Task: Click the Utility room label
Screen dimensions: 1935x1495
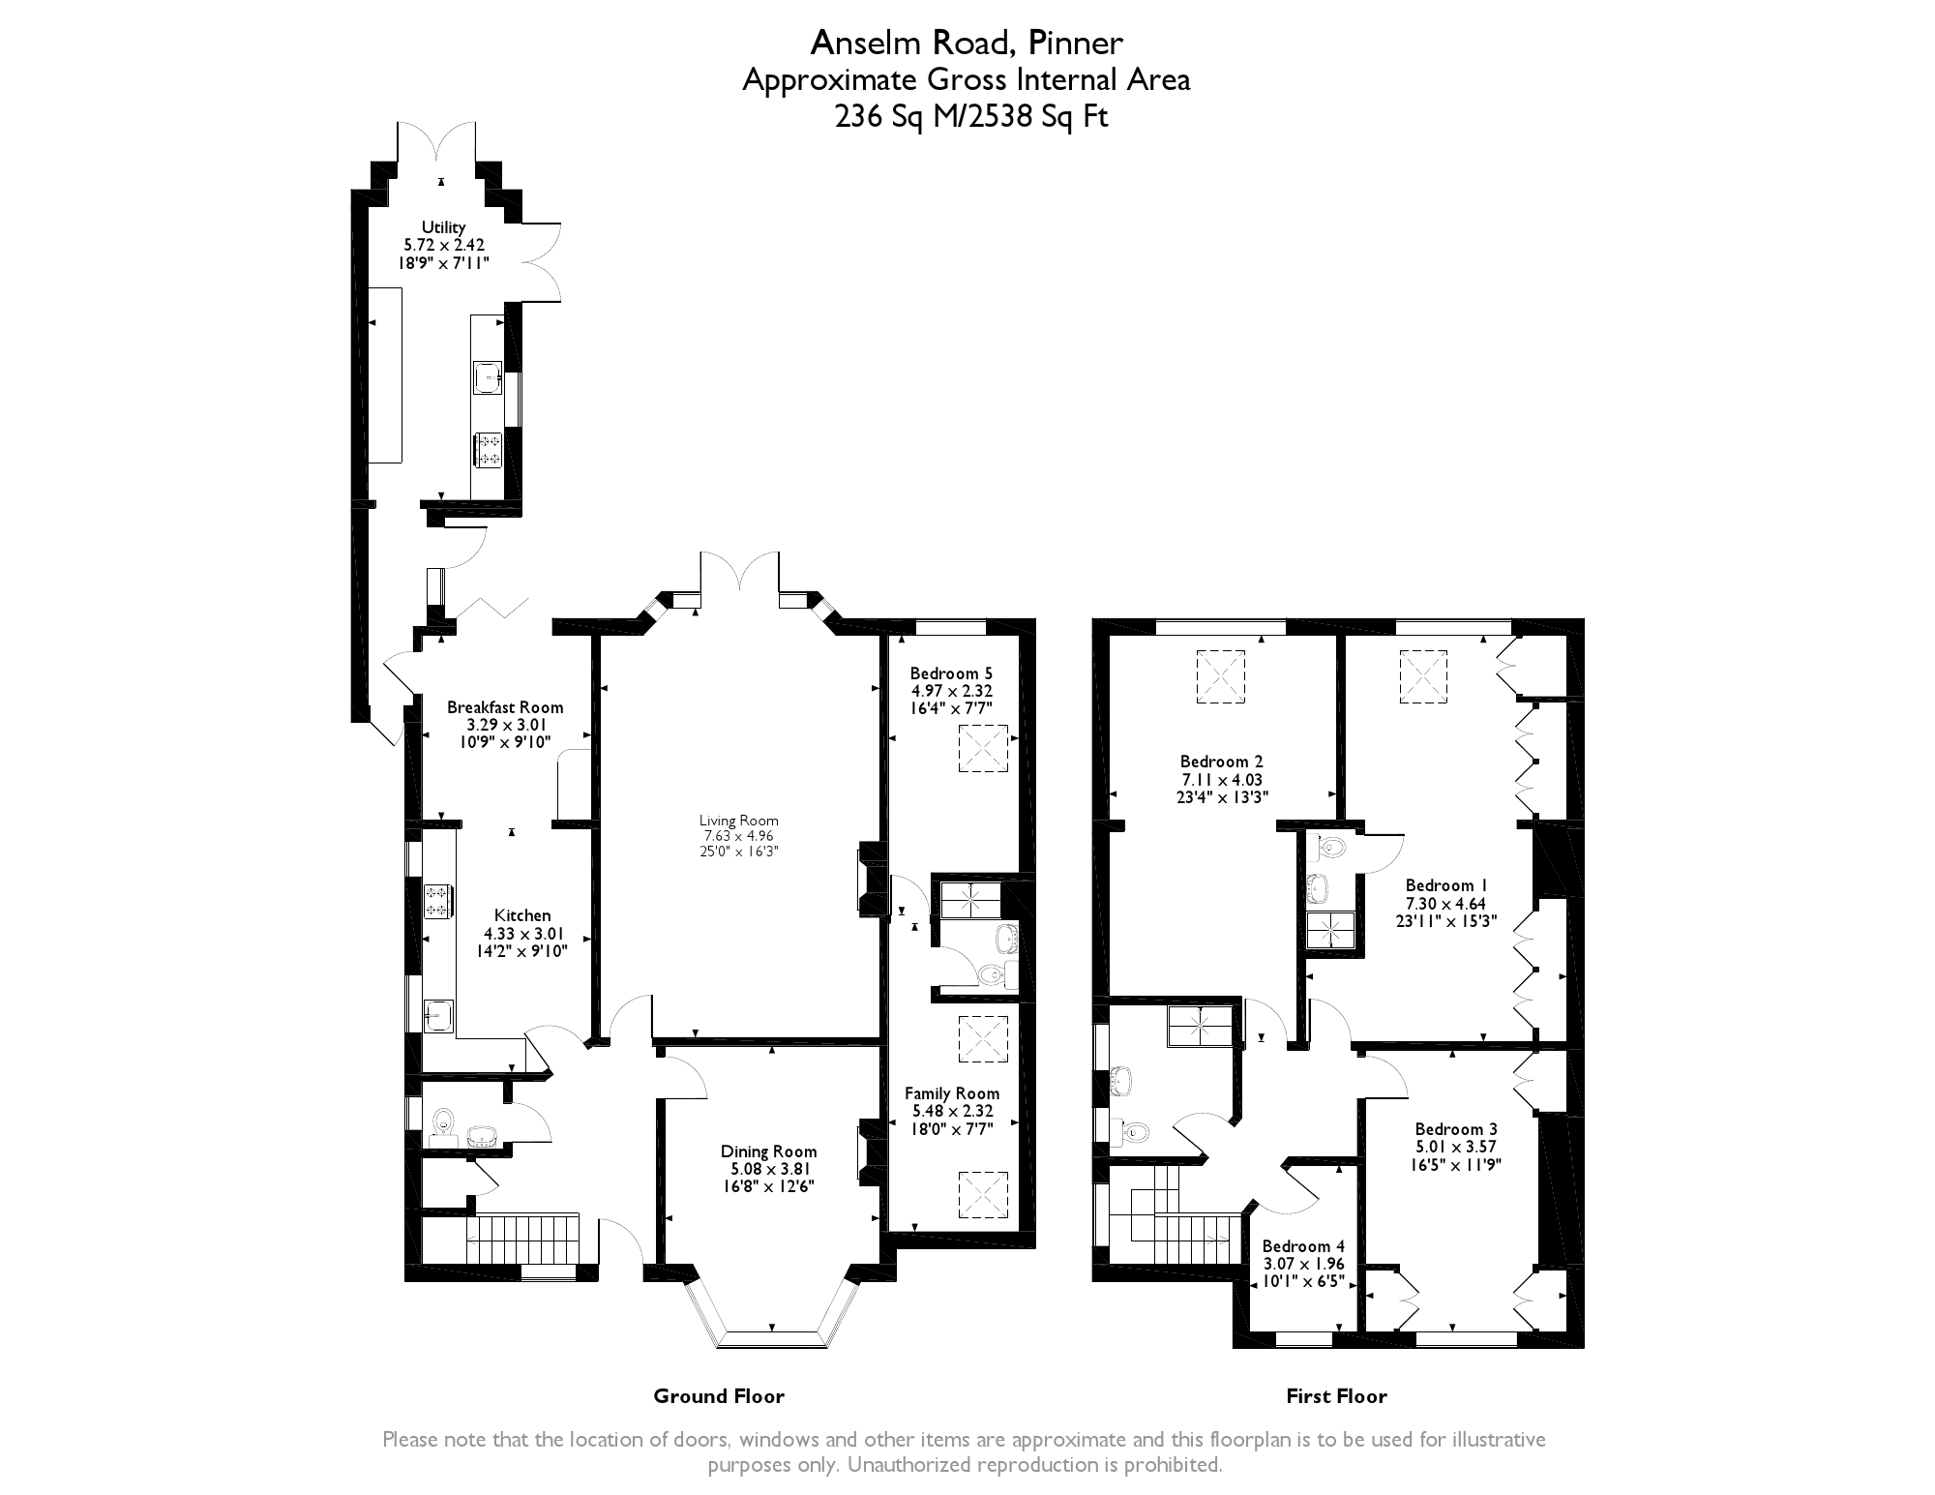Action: coord(443,227)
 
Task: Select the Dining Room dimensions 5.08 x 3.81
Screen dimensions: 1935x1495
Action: coord(769,1168)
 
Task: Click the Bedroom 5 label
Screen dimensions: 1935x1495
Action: coord(952,673)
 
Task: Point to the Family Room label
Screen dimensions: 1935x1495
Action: coord(952,1093)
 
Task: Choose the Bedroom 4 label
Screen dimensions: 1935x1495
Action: coord(1303,1246)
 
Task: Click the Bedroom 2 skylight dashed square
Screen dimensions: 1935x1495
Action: coord(1221,676)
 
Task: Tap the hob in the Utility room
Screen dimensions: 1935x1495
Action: coord(488,450)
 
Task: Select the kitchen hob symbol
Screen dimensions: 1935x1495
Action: coord(437,901)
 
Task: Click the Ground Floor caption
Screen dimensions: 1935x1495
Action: coord(719,1395)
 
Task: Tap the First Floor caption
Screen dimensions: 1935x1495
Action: coord(1336,1395)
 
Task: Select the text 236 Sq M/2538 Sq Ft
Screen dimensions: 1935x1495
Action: coord(970,116)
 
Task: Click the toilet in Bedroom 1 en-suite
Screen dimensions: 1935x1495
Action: coord(1328,849)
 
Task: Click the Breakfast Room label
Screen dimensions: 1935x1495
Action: coord(505,707)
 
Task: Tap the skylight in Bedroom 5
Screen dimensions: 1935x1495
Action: coord(983,749)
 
